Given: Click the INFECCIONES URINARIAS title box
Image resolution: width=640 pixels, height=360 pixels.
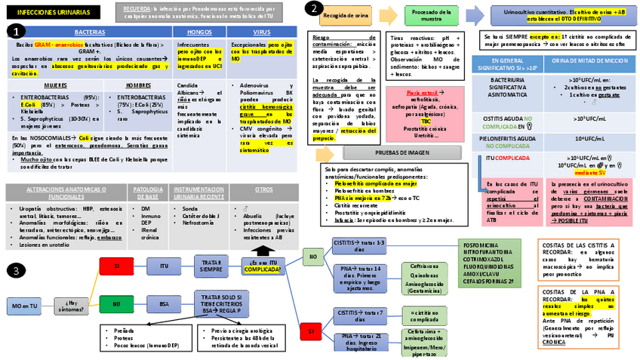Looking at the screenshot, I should pos(51,14).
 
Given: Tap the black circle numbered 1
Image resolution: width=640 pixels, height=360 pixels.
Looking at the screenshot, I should pos(17,32).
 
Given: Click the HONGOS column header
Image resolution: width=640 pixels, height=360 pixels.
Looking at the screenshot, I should pos(198,32).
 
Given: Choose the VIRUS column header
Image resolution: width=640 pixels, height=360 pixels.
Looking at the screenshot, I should pos(262,32).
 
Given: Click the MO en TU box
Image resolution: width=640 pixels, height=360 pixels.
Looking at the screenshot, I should pos(24,306).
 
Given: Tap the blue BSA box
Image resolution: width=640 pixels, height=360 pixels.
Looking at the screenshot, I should pos(164,303).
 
